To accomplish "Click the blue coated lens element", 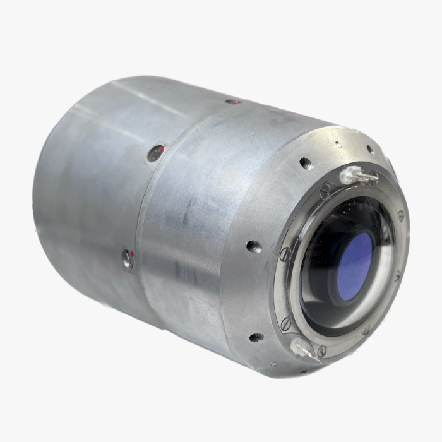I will (x=356, y=266).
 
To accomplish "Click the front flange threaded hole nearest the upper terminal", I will (x=306, y=164).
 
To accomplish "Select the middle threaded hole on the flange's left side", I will (x=254, y=246).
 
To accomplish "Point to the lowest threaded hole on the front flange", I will (x=256, y=338).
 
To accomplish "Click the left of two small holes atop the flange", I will (x=339, y=145).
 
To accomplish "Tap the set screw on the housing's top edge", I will (x=233, y=101).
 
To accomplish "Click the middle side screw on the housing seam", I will (x=155, y=152).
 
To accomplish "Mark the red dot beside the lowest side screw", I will (x=133, y=253).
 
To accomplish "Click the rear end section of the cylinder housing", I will (x=82, y=189).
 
